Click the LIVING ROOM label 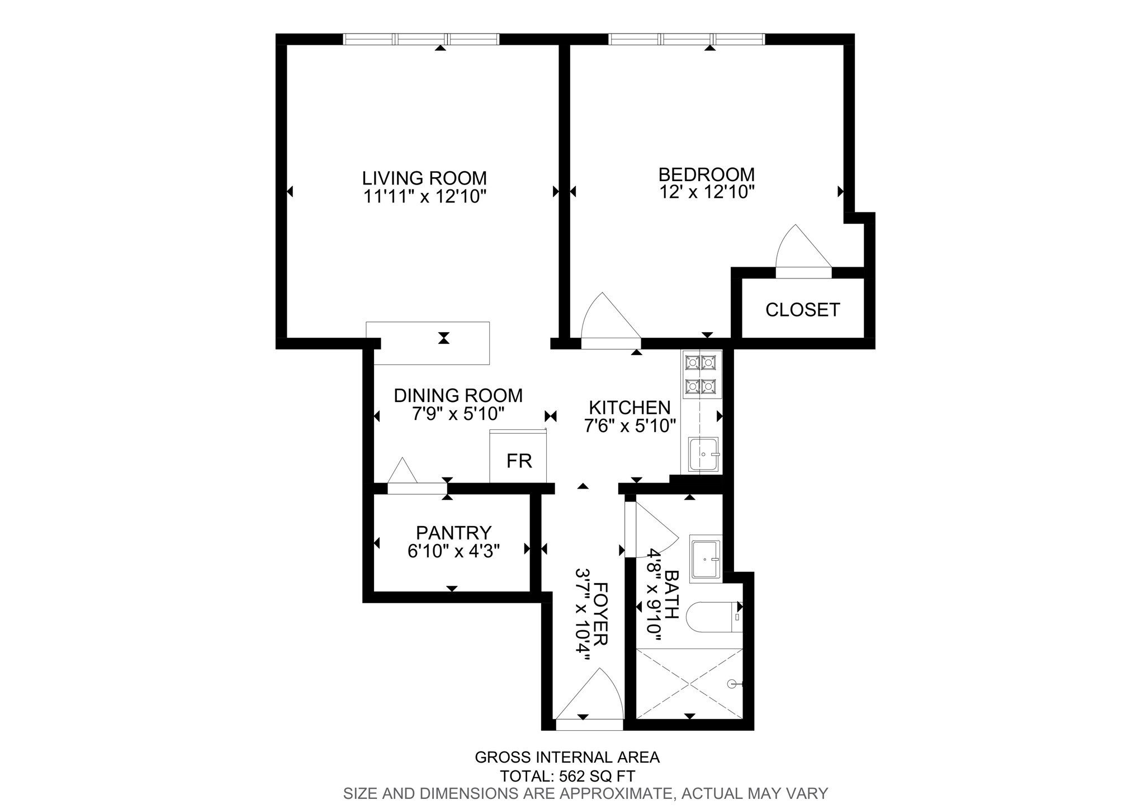(x=424, y=178)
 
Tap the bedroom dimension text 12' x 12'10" (x=707, y=192)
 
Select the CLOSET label (x=802, y=310)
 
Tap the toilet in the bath (x=713, y=617)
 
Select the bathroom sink (x=706, y=559)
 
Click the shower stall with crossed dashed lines (x=689, y=683)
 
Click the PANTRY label (x=453, y=532)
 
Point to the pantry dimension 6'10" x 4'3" (x=453, y=551)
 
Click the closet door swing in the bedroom (x=799, y=249)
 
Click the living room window (x=421, y=39)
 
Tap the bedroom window (x=686, y=39)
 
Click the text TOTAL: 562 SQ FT (x=567, y=776)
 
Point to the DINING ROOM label (x=458, y=395)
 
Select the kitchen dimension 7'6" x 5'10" (x=630, y=426)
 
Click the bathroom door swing (x=651, y=531)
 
